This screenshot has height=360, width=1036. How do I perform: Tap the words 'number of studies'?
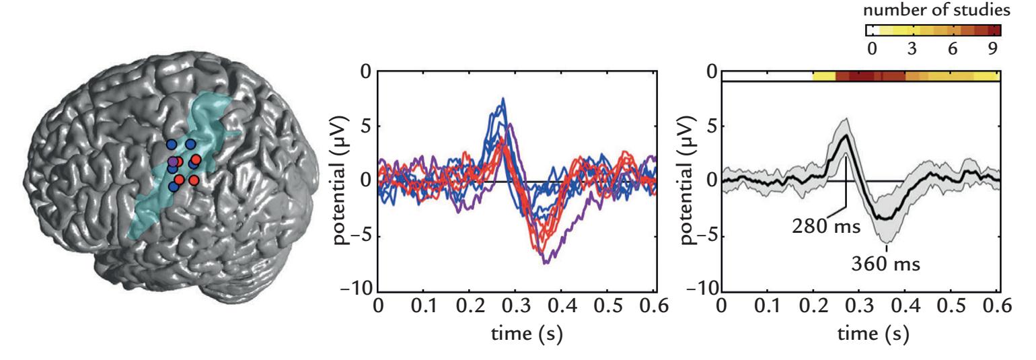pyautogui.click(x=933, y=11)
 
